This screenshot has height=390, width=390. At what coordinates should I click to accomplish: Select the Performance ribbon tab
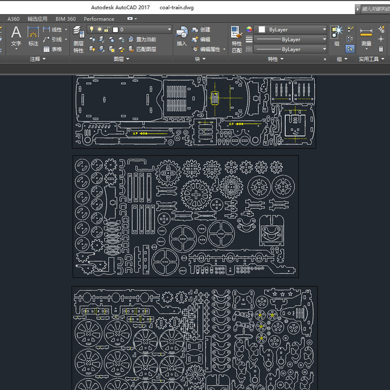[x=99, y=19]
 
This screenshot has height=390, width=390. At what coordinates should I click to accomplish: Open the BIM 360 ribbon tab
[x=65, y=19]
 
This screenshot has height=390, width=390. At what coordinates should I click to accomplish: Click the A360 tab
[x=14, y=19]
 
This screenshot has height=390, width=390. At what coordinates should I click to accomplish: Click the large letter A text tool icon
[x=16, y=33]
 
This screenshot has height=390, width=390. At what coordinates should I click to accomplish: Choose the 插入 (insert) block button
[x=181, y=36]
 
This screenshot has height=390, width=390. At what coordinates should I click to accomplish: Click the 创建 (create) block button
[x=201, y=30]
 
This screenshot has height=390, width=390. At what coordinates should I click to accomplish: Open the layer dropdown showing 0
[x=130, y=30]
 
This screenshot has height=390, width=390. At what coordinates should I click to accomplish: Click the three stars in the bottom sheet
[x=282, y=294]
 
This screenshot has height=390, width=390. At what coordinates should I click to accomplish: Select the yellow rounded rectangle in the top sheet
[x=215, y=97]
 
